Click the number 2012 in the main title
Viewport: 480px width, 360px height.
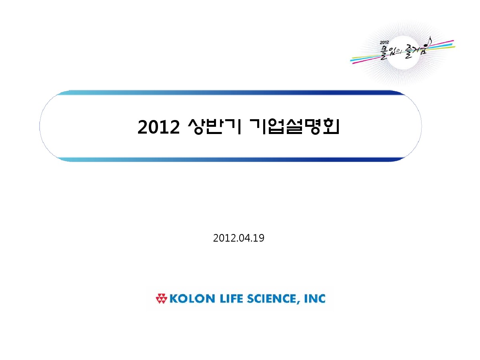coord(158,127)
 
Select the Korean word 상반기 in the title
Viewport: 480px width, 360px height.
coord(214,126)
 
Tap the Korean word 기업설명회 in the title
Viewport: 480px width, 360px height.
coord(294,126)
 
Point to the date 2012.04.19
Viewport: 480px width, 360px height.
coord(238,238)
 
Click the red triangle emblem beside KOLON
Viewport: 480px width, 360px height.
coord(161,298)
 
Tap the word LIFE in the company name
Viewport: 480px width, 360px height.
coord(231,299)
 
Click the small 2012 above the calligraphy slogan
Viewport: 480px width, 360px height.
coord(384,42)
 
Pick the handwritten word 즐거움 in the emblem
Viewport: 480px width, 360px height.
coord(416,51)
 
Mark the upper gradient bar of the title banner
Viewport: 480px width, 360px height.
coord(231,92)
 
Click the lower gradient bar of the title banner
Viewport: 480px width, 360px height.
coord(231,160)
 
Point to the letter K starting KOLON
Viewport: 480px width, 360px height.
coord(174,299)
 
